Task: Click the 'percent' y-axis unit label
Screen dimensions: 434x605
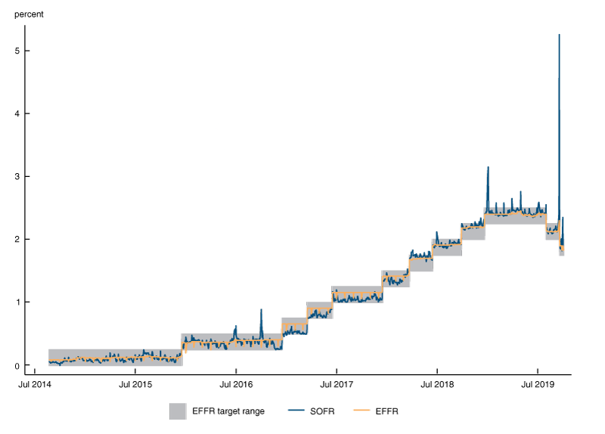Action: pyautogui.click(x=29, y=14)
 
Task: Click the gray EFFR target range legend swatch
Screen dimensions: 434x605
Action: pyautogui.click(x=178, y=411)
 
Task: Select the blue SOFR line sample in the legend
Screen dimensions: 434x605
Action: pyautogui.click(x=300, y=411)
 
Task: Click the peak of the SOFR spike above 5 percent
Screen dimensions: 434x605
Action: pyautogui.click(x=559, y=35)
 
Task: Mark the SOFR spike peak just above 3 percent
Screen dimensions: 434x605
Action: pyautogui.click(x=488, y=167)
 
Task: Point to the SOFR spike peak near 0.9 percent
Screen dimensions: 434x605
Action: pyautogui.click(x=261, y=309)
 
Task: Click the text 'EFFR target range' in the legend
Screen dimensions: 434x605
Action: pyautogui.click(x=227, y=411)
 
